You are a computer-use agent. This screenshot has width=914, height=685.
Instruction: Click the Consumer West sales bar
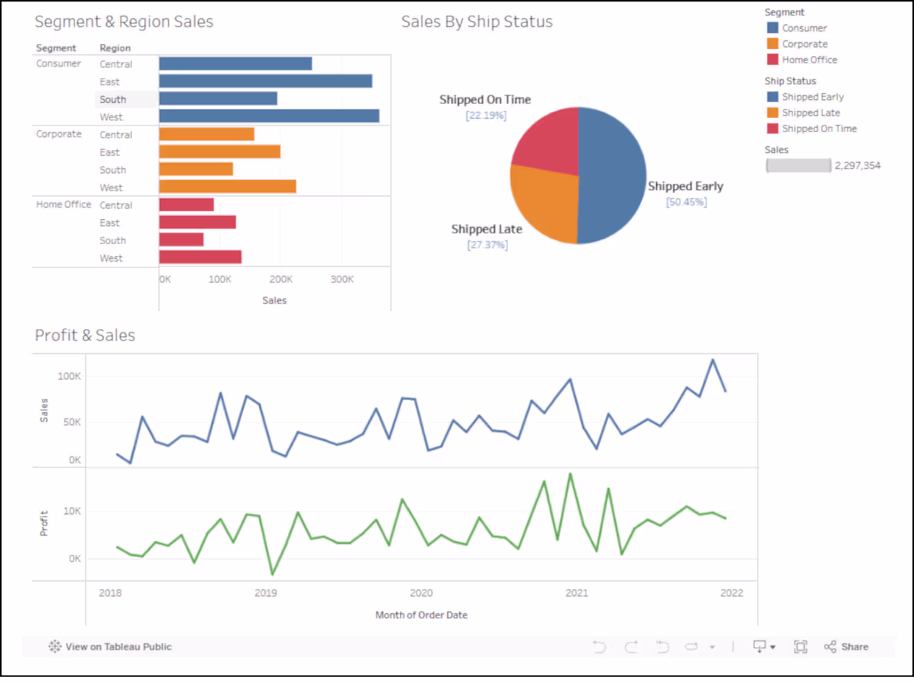(269, 116)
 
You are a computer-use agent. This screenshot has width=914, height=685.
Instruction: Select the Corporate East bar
(219, 152)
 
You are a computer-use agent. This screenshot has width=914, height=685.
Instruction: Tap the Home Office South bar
(181, 240)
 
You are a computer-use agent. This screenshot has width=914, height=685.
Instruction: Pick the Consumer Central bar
(235, 64)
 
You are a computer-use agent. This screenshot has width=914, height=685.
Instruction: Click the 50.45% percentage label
(686, 202)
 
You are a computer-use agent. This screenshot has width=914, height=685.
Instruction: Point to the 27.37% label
(487, 245)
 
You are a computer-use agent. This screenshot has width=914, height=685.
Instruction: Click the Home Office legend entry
(809, 60)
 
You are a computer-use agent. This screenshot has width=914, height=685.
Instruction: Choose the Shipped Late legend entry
(810, 113)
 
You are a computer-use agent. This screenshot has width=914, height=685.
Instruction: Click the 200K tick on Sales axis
(281, 279)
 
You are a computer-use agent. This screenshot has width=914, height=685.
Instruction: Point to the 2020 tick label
(421, 593)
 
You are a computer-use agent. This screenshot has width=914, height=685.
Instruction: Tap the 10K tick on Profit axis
(72, 511)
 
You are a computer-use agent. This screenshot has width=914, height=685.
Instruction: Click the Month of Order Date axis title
(421, 615)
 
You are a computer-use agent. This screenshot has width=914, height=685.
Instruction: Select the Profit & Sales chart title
(85, 335)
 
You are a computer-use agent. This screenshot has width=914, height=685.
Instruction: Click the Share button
(847, 647)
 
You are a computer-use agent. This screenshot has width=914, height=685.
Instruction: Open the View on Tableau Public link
(111, 647)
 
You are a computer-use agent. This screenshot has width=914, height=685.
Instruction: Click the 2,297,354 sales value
(857, 166)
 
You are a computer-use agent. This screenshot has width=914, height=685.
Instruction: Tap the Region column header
(115, 48)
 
